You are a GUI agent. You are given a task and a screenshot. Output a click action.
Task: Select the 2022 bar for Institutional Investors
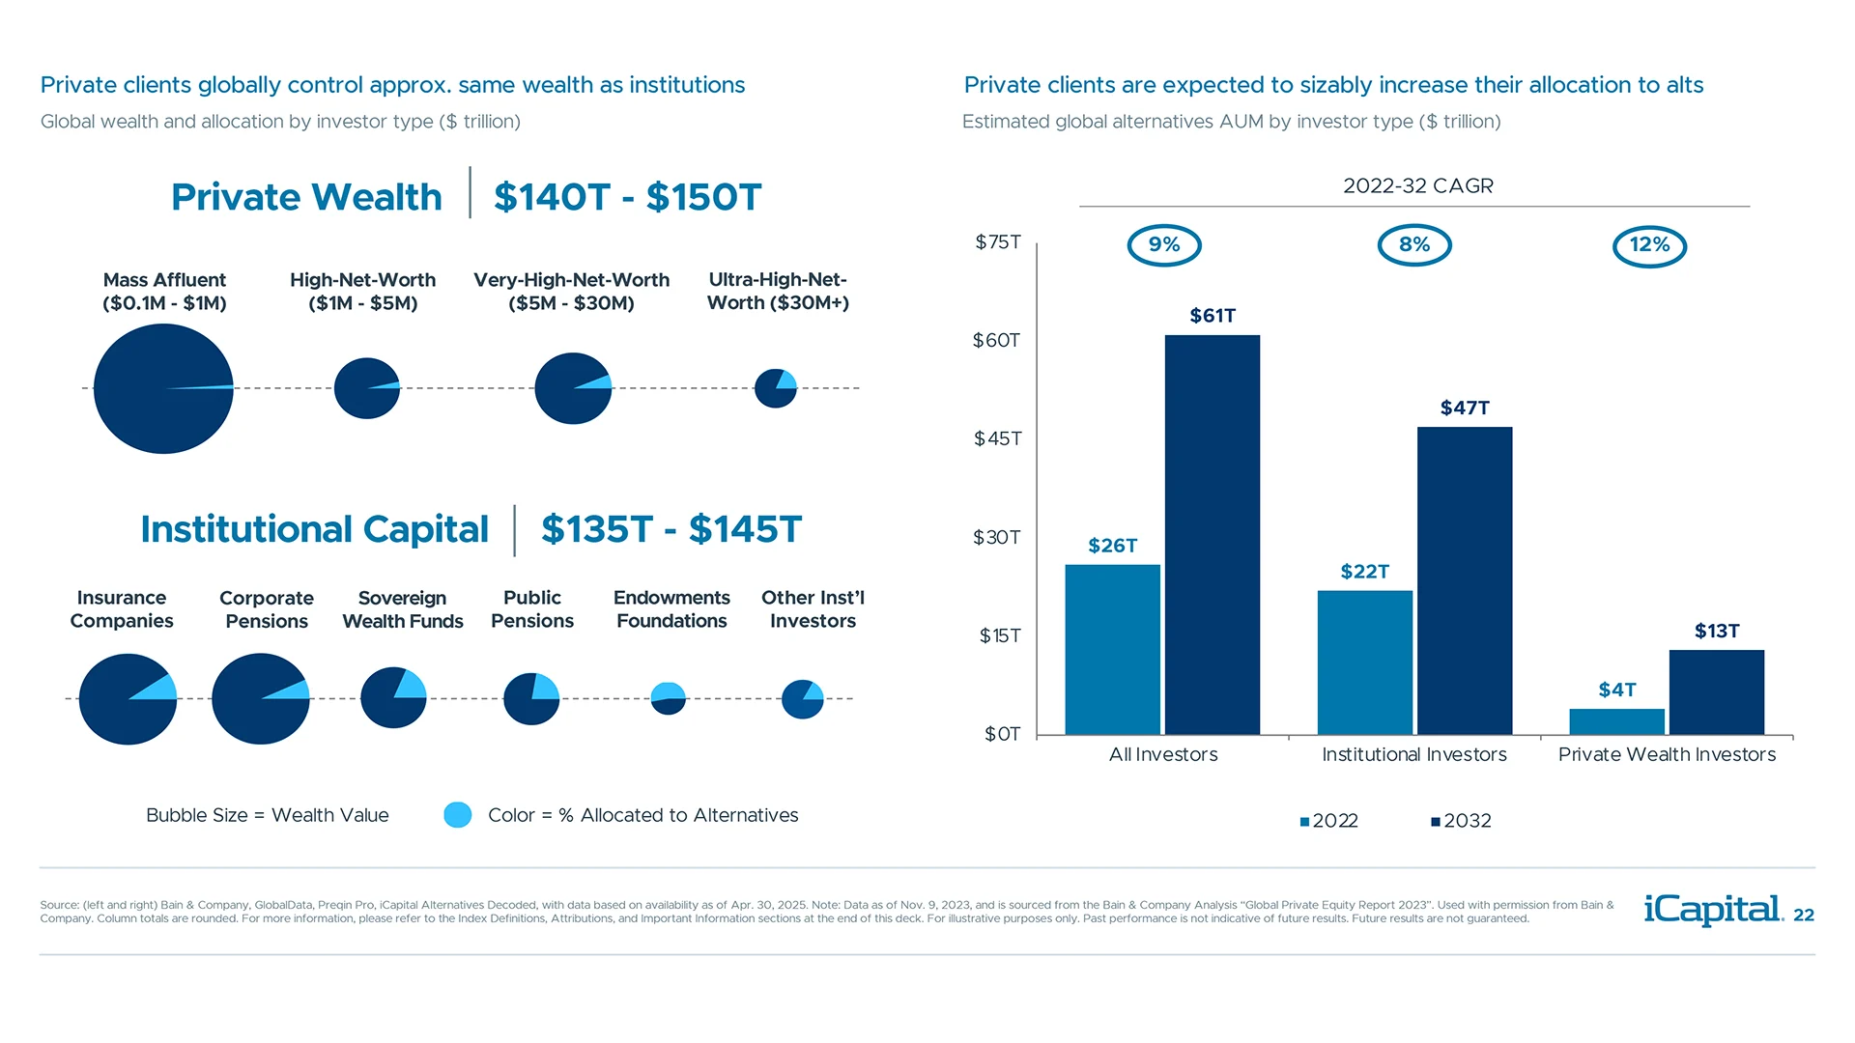1364,662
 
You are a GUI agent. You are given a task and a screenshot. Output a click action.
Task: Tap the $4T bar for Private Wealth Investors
1616,721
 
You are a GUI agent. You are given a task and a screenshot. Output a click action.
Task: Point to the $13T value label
1716,631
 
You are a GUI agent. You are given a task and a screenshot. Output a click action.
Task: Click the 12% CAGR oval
1649,245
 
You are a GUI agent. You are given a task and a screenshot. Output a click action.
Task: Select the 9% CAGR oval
1163,245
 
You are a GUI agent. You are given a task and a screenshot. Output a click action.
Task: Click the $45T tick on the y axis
997,438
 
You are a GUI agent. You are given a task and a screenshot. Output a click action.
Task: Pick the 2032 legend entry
1461,821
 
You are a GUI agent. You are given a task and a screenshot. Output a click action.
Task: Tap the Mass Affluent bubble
163,388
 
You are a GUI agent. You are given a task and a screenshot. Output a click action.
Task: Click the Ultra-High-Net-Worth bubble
775,388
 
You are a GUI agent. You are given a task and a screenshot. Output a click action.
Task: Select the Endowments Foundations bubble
668,698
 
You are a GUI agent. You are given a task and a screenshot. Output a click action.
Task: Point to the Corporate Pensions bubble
260,698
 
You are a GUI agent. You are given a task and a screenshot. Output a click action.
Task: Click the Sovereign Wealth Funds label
403,609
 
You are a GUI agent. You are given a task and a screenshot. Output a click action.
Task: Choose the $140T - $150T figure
627,197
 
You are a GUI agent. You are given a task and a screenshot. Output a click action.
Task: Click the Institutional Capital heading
314,529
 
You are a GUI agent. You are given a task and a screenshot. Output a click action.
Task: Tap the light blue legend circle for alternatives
457,815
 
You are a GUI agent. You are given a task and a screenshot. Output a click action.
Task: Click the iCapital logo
1713,910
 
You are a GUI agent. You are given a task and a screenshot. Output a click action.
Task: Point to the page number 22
1803,916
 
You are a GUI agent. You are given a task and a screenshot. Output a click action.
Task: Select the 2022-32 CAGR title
1417,185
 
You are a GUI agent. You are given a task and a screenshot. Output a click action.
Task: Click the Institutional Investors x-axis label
1413,754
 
